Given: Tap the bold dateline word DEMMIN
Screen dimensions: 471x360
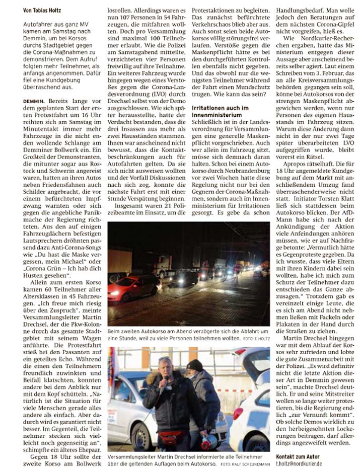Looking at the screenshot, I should click(x=36, y=101).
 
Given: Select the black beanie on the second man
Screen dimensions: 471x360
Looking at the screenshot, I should click(x=195, y=365).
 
